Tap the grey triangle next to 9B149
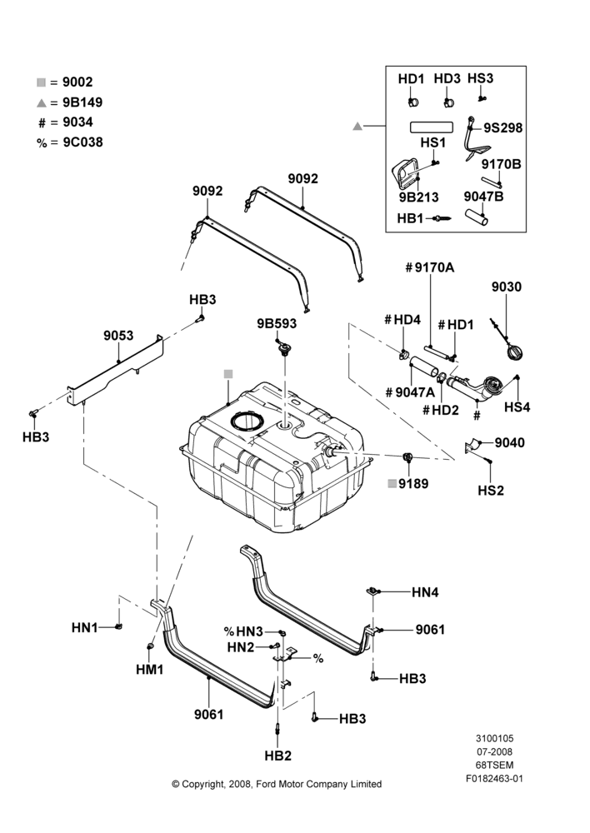(42, 102)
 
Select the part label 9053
(118, 336)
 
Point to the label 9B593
(277, 323)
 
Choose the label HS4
(517, 407)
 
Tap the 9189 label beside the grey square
(413, 483)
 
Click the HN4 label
(425, 591)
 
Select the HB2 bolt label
(278, 756)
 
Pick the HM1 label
(150, 670)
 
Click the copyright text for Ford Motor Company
(277, 784)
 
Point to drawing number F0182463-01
(494, 779)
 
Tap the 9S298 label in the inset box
(502, 128)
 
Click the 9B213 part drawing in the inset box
(406, 173)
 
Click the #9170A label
(429, 267)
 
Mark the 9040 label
(509, 443)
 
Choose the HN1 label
(85, 628)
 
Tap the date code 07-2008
(494, 751)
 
